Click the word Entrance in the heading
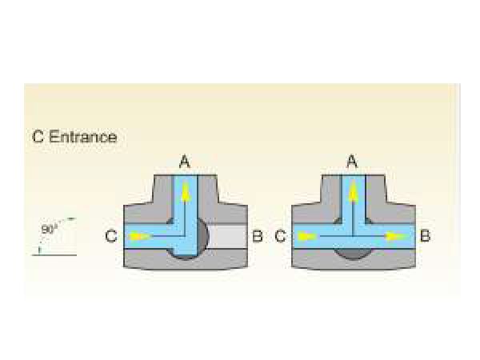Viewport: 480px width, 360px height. tap(83, 137)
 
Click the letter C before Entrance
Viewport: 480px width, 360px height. tap(38, 137)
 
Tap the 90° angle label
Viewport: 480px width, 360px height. tap(49, 229)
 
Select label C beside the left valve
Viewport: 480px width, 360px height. tap(111, 236)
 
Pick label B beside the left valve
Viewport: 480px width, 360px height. tap(258, 236)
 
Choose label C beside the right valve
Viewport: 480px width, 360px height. tap(280, 236)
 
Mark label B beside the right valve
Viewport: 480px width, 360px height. tap(425, 236)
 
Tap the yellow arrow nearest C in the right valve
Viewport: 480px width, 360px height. tap(307, 236)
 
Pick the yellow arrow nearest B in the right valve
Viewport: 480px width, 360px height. tap(392, 236)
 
